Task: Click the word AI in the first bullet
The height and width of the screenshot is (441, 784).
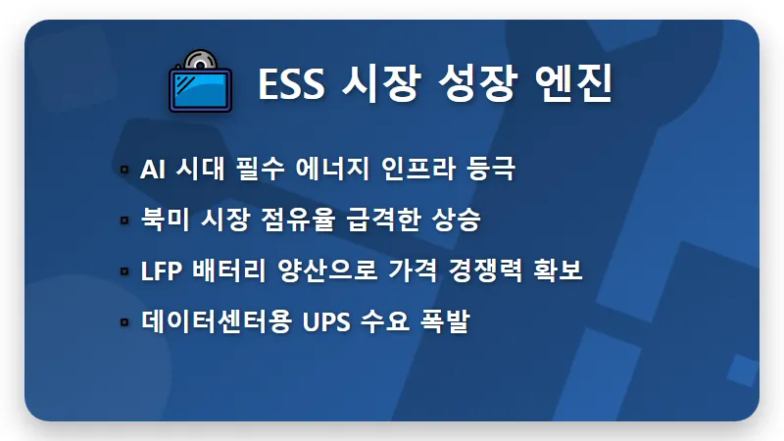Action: (x=152, y=169)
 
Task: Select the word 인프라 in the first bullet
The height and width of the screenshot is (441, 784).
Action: (x=401, y=169)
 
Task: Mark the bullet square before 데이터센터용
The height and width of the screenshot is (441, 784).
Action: (x=124, y=321)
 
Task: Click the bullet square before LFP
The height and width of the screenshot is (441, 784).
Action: (x=124, y=270)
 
